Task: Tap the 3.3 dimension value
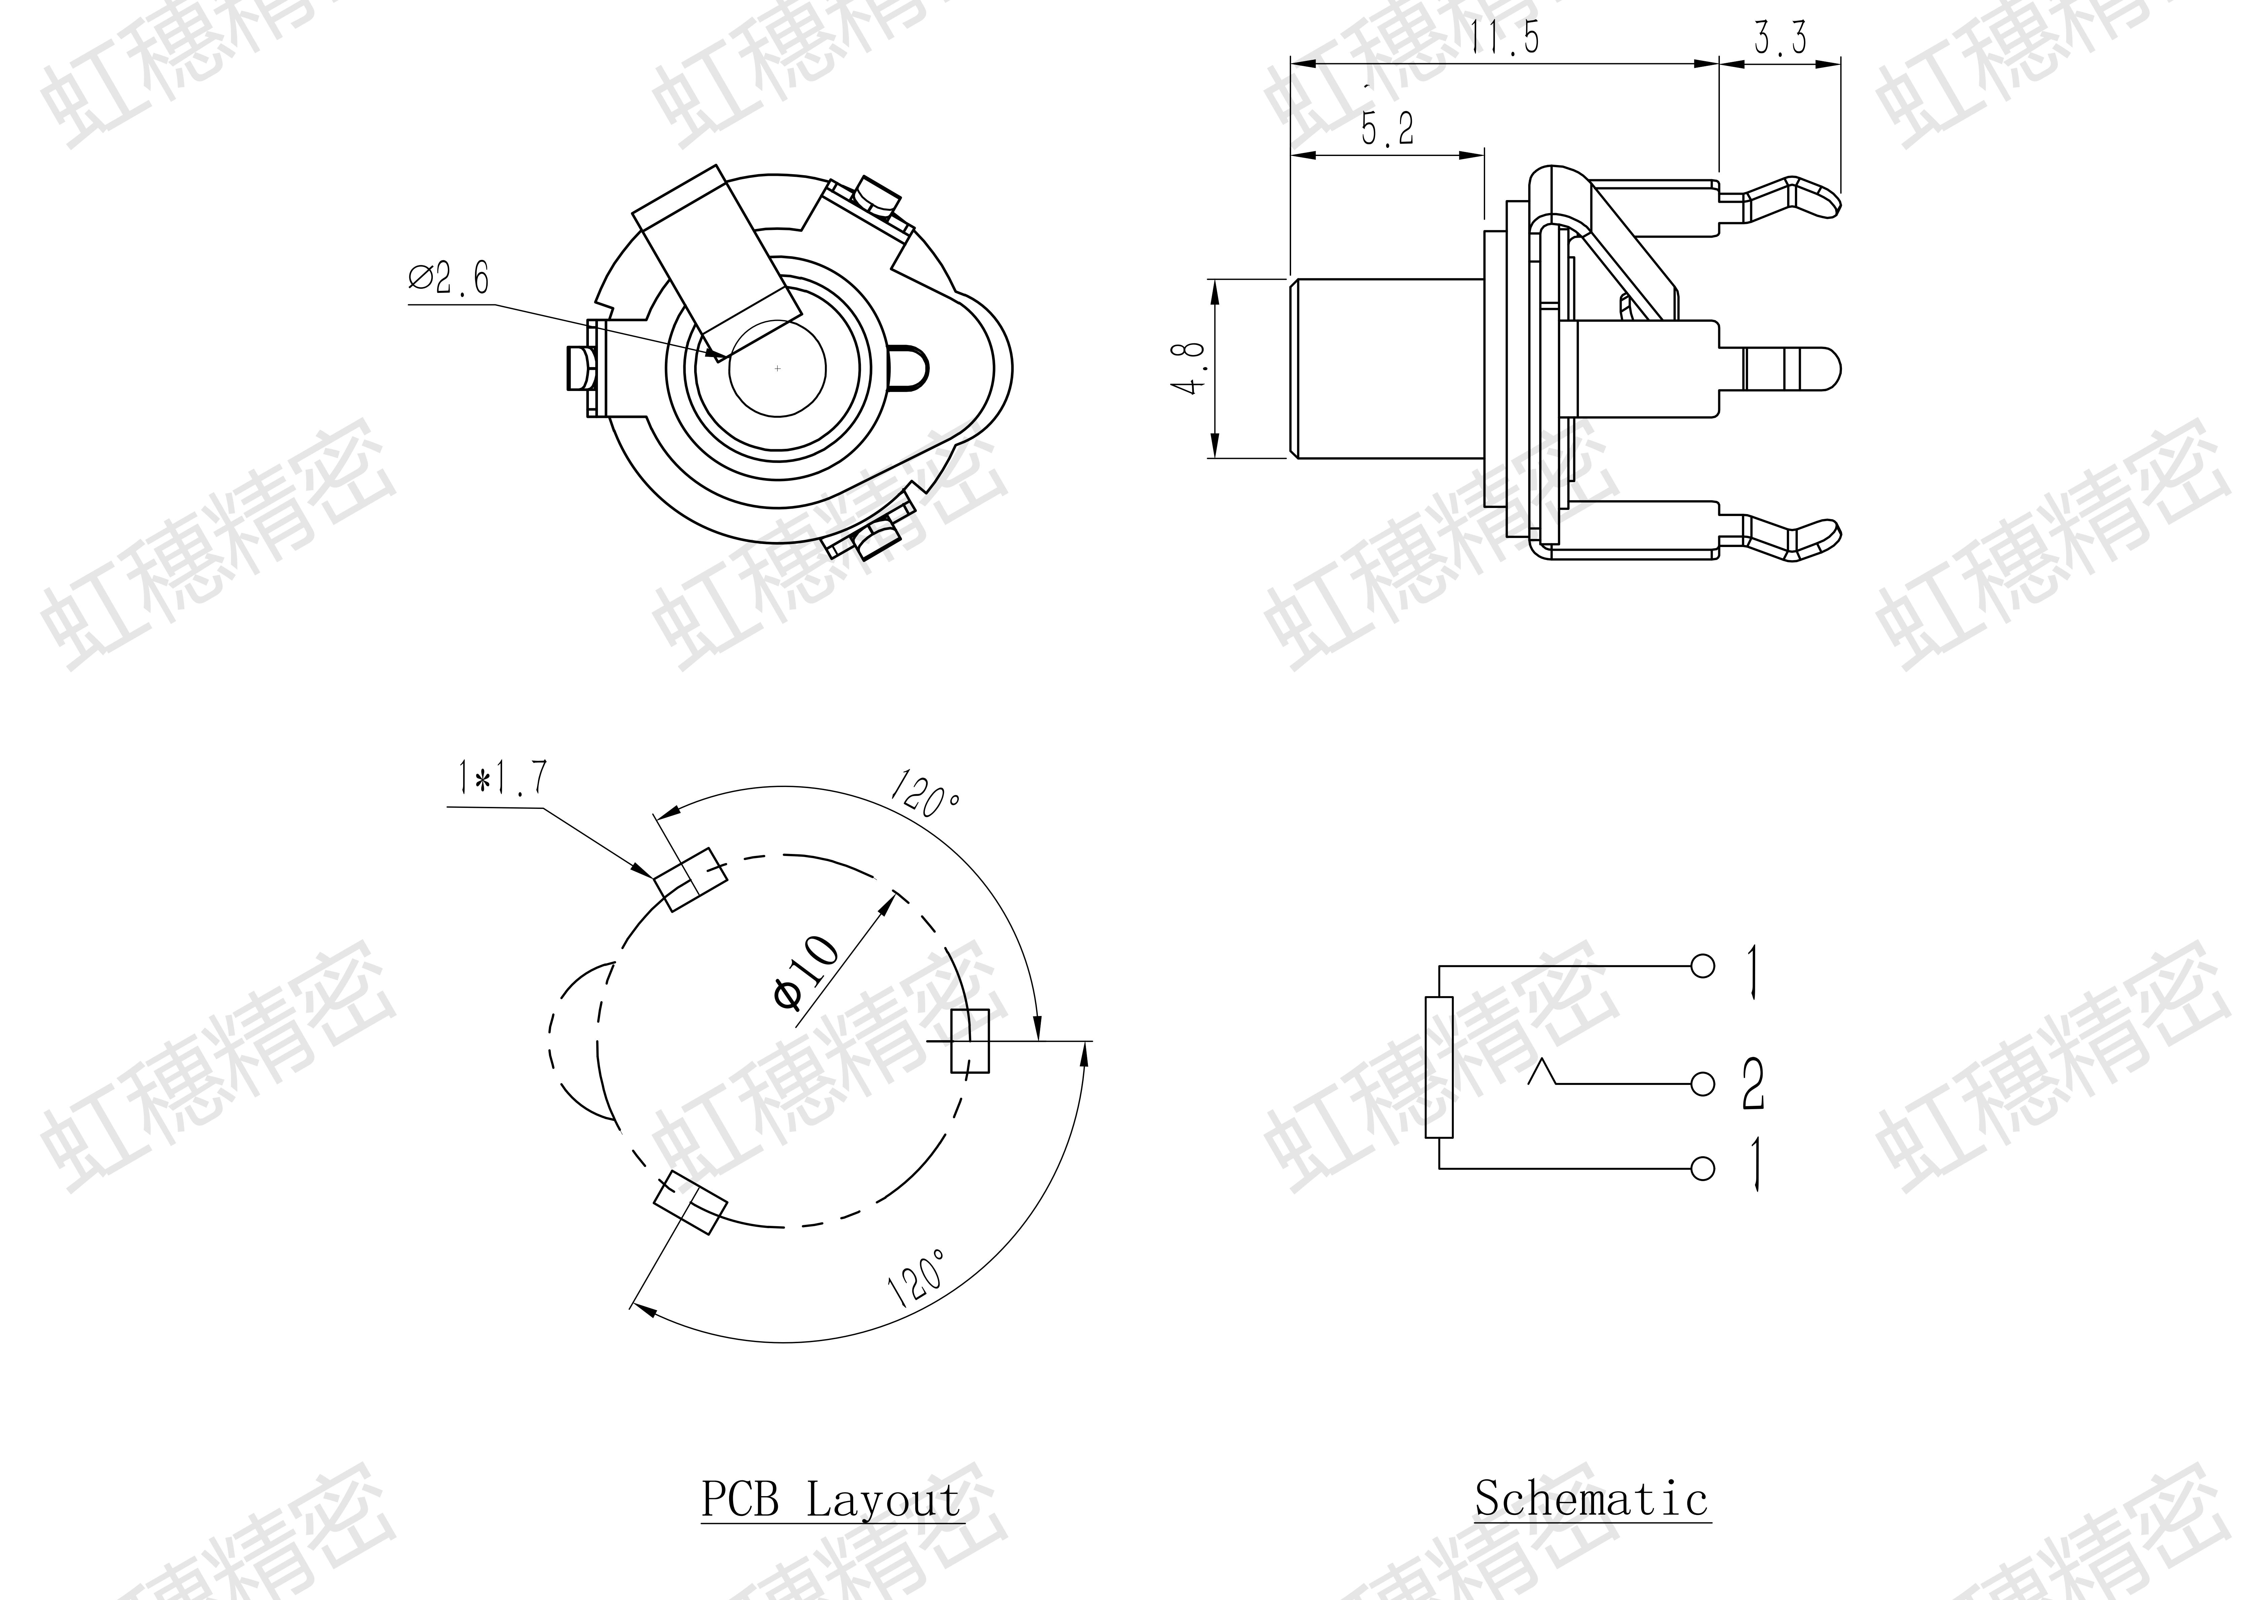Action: point(1781,37)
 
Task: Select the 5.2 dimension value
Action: point(1387,128)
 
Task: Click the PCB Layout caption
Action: point(832,1499)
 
